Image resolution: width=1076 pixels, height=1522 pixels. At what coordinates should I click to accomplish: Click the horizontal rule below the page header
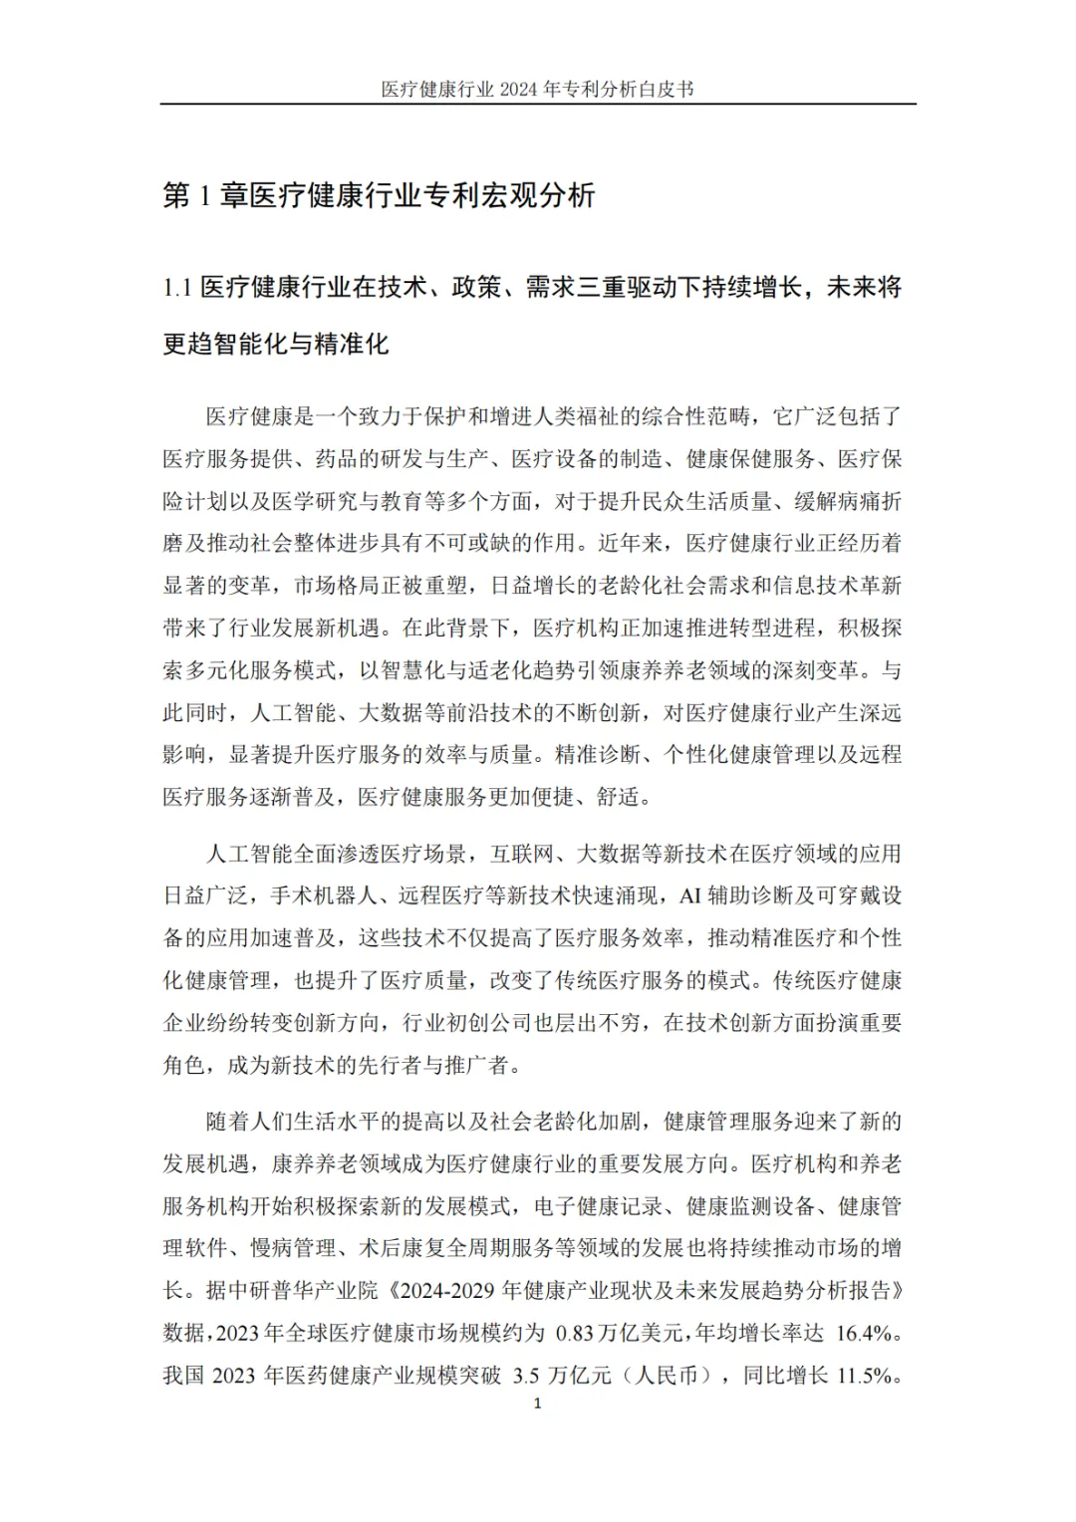538,104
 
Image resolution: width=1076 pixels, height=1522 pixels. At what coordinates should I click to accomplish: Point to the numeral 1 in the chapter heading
204,195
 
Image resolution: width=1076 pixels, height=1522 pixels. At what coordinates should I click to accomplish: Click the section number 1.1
177,288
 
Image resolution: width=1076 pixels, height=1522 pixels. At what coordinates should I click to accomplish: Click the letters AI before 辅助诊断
690,895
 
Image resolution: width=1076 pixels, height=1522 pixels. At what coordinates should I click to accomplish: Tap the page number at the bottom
538,1404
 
